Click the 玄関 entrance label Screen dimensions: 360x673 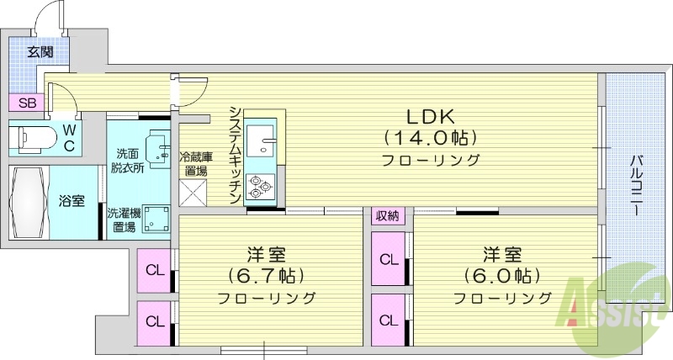(40, 51)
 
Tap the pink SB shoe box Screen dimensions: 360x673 (28, 103)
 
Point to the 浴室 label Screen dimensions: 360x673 (71, 202)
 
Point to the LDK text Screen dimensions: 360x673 (431, 116)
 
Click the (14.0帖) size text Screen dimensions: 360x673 (431, 137)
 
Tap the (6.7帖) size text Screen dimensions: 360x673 (266, 275)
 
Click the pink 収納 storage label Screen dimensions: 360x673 (388, 216)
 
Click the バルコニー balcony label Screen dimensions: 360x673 (639, 185)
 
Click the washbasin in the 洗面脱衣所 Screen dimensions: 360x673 (156, 148)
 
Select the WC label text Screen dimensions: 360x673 (70, 138)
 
